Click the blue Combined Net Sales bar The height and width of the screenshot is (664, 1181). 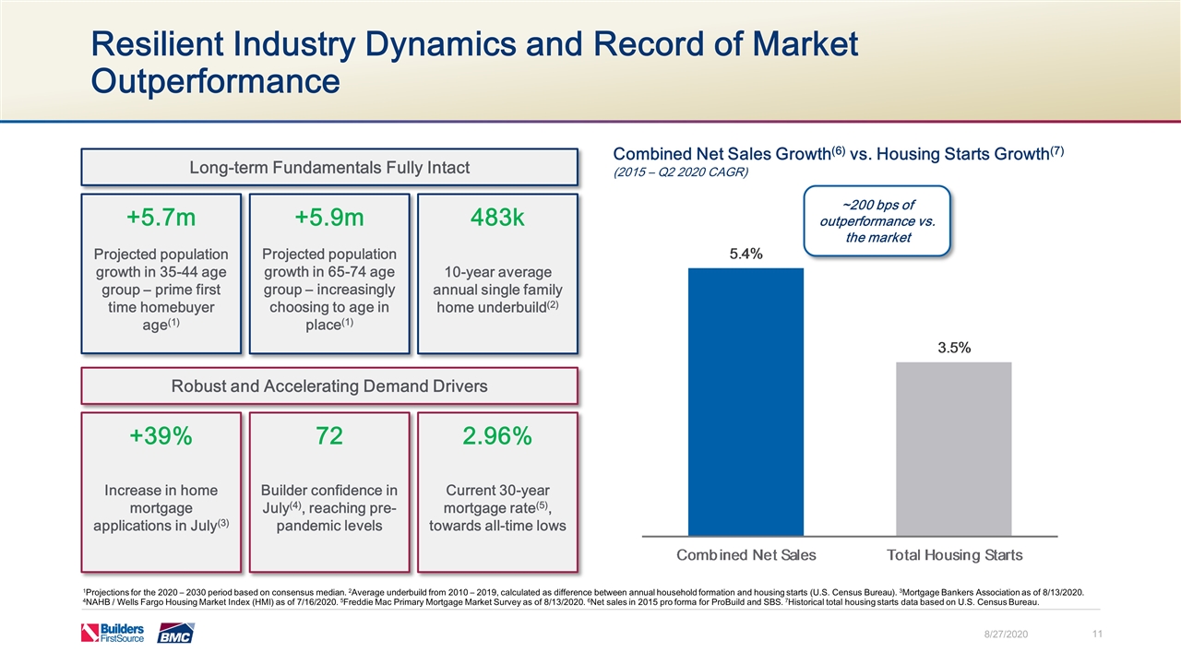click(746, 400)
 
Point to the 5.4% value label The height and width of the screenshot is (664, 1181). click(746, 255)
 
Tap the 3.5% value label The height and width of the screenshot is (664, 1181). click(953, 348)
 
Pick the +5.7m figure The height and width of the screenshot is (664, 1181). click(161, 218)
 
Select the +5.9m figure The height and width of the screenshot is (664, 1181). click(329, 218)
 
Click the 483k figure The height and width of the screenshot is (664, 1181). click(497, 218)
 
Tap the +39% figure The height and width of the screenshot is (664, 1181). click(161, 437)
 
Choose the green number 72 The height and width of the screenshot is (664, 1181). click(329, 437)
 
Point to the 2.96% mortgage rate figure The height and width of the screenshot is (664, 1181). click(497, 437)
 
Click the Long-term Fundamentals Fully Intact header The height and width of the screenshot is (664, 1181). click(329, 168)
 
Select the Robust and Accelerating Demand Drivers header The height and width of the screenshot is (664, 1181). click(329, 386)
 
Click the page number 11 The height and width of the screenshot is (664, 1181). click(1098, 634)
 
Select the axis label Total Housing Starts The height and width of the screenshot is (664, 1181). click(954, 554)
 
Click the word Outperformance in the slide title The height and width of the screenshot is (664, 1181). click(214, 80)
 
